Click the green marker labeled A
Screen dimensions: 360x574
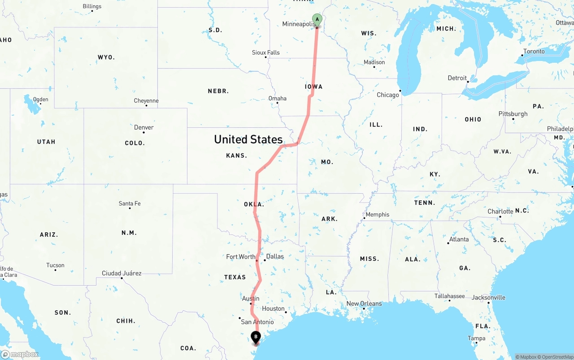[x=317, y=20]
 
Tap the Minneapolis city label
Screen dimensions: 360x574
[x=299, y=24]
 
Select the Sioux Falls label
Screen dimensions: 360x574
[x=265, y=52]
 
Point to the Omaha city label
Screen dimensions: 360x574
[x=277, y=98]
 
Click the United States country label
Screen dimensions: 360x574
[x=248, y=139]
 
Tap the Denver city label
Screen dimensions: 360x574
[x=144, y=127]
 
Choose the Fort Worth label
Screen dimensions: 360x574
[x=240, y=257]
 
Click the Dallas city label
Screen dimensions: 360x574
[x=275, y=256]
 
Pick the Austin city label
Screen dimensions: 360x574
[x=251, y=298]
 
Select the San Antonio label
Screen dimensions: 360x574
[x=257, y=322]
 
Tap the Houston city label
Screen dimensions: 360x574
[x=273, y=308]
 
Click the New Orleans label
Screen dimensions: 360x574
[x=364, y=304]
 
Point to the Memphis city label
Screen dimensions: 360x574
[x=378, y=214]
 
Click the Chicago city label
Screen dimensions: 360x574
[x=388, y=95]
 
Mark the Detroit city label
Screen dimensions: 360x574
[x=457, y=78]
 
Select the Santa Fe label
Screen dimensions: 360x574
[x=130, y=204]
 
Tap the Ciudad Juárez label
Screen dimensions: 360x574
[x=122, y=273]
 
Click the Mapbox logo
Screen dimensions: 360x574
[x=20, y=354]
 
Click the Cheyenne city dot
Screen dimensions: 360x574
[x=146, y=105]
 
